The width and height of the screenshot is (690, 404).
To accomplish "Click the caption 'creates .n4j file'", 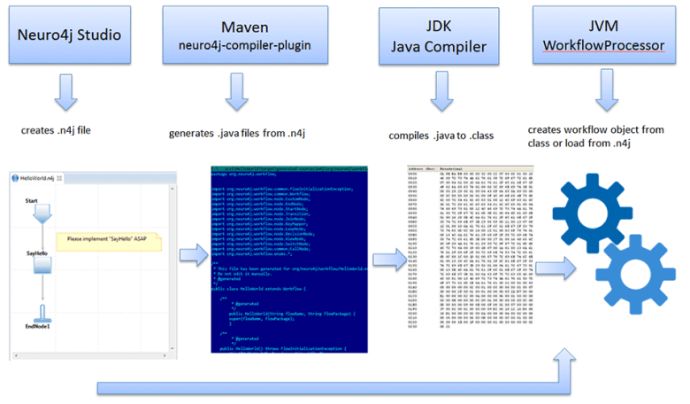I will (56, 130).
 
